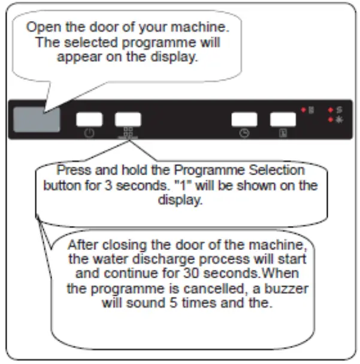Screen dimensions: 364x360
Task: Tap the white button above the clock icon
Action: click(244, 119)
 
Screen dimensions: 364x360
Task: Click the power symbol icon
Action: click(89, 133)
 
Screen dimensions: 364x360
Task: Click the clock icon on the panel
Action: click(244, 133)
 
